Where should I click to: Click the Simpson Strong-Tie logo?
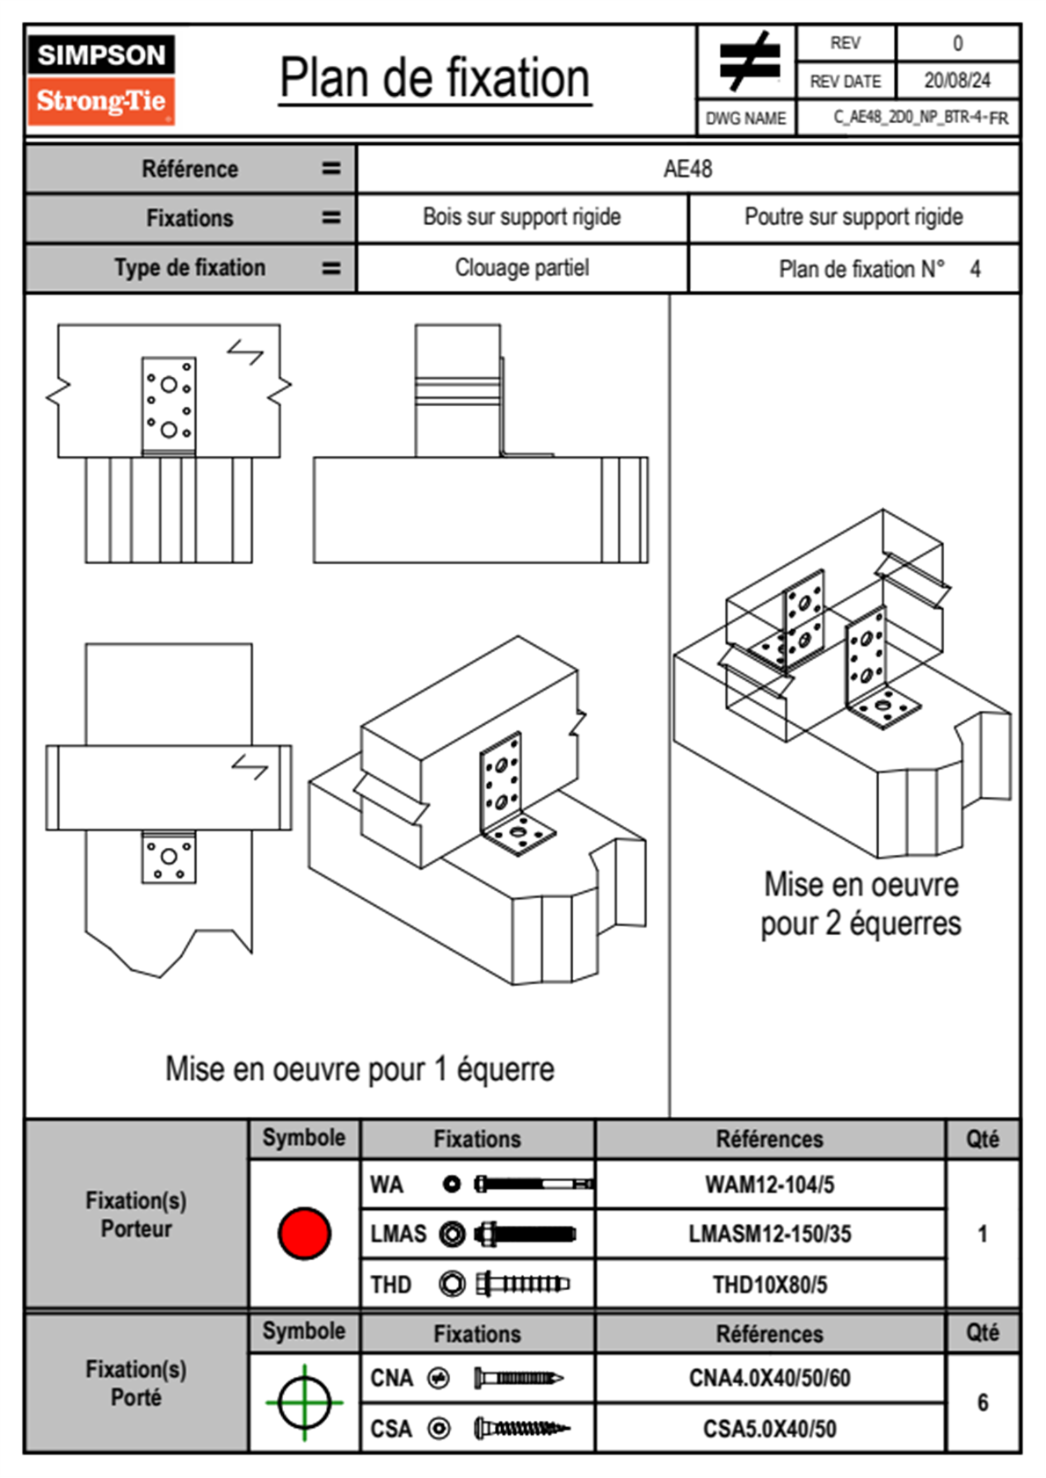click(101, 80)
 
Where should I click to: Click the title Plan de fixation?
click(434, 79)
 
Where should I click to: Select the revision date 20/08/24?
click(956, 81)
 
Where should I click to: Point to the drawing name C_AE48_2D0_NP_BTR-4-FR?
click(919, 118)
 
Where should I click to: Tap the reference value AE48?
click(687, 169)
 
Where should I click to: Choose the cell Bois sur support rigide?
click(521, 217)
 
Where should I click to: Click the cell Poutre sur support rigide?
click(853, 217)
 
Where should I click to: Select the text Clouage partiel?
click(521, 268)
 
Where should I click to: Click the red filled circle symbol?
click(304, 1233)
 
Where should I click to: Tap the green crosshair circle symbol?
click(304, 1402)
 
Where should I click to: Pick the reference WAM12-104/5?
click(769, 1185)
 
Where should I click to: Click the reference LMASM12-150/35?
click(769, 1234)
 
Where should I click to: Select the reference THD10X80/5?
click(769, 1285)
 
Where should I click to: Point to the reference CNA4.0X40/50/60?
click(769, 1378)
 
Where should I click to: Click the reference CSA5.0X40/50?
click(769, 1429)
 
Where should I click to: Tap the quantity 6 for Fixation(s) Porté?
click(983, 1402)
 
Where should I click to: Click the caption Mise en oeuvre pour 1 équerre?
click(360, 1069)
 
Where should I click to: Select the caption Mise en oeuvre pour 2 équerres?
click(861, 904)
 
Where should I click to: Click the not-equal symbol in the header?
click(748, 62)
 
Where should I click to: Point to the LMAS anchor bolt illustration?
click(525, 1234)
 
